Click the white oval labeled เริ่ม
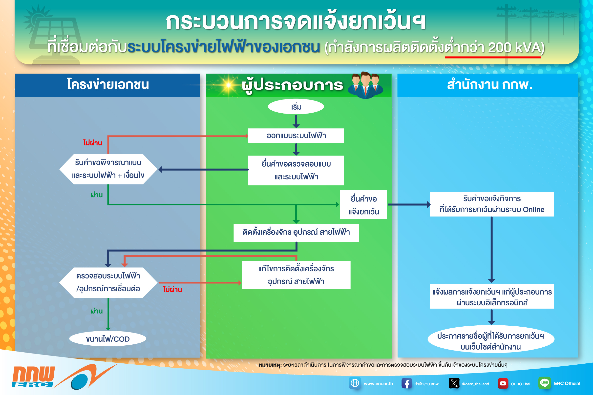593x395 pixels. coord(296,107)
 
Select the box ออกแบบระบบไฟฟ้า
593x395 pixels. coord(296,136)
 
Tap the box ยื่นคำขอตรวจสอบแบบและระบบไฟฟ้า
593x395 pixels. coord(296,170)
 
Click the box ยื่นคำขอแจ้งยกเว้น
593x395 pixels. coord(363,205)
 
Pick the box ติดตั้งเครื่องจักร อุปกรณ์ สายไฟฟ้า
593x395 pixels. coord(296,232)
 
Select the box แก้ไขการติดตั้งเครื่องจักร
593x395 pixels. coord(296,275)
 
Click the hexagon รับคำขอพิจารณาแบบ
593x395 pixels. coord(108,169)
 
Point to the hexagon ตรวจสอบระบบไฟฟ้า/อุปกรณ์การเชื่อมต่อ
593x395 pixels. coord(108,282)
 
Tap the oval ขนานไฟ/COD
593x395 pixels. coord(108,339)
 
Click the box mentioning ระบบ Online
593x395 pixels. coord(492,204)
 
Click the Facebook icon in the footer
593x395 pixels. coord(407,383)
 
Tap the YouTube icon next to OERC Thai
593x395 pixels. coord(503,383)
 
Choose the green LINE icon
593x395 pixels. coord(544,383)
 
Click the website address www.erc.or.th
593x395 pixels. coord(378,384)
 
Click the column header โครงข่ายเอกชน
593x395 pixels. coord(108,85)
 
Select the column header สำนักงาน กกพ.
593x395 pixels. coord(490,85)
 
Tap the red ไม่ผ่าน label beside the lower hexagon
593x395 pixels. coord(172,289)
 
